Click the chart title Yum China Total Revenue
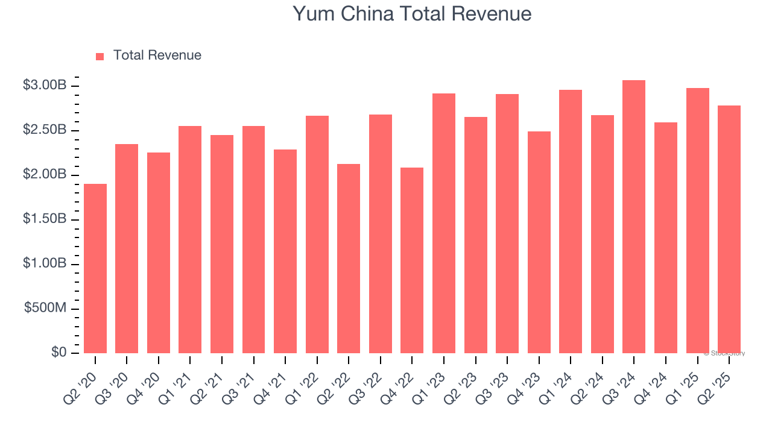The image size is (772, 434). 413,14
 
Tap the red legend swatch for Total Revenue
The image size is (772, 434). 100,56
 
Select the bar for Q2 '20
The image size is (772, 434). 95,268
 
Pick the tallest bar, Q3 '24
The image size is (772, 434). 634,216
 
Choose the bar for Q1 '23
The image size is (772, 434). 444,223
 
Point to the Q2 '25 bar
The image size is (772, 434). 729,229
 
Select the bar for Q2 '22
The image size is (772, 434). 349,259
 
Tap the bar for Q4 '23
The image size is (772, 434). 539,242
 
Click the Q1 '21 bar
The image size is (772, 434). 190,239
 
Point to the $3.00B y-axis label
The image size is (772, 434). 45,86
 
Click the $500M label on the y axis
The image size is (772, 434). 45,308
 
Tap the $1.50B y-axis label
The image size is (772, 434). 45,219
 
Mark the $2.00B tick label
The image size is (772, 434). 45,175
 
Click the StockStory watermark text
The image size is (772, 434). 724,353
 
